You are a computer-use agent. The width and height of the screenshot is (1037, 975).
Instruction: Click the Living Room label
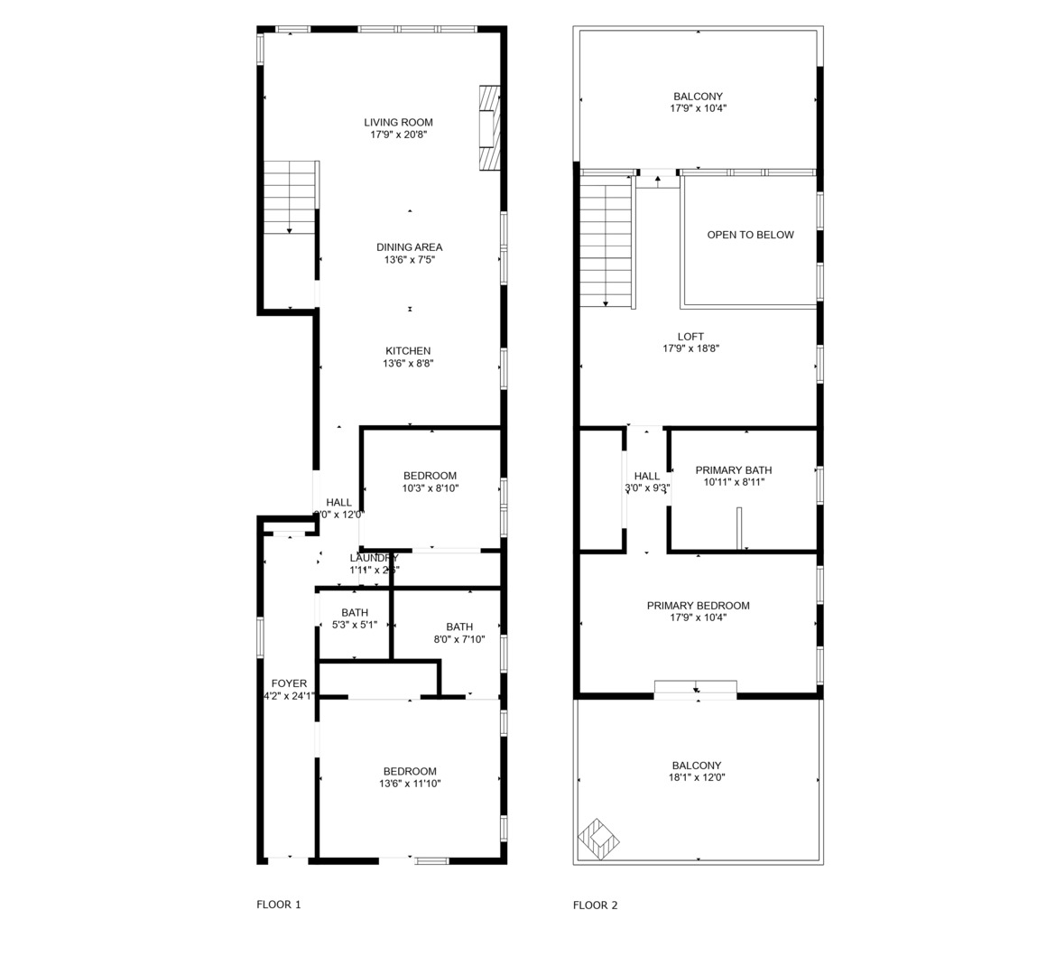pos(398,123)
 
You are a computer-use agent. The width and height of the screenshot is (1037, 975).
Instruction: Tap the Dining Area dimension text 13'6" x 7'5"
pos(409,260)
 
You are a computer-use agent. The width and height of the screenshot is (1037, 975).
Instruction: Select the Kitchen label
pos(408,351)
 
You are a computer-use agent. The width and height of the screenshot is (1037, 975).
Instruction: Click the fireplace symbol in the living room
pos(488,127)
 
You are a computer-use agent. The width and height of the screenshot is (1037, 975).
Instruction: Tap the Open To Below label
pos(750,235)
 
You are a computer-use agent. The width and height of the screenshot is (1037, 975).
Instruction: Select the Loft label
pos(690,337)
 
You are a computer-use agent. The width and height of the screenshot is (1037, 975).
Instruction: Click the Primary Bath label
pos(733,470)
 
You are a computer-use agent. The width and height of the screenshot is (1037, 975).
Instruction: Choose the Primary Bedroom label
pos(698,606)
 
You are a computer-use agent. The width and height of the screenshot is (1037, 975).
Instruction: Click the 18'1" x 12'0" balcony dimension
pos(697,777)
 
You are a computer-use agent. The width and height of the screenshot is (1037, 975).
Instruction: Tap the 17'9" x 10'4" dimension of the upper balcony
pos(698,108)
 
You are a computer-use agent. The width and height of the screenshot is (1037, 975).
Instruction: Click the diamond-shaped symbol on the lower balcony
pos(598,840)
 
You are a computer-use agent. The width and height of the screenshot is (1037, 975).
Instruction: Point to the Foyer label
pos(289,683)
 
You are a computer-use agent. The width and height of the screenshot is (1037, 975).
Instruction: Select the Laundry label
pos(374,558)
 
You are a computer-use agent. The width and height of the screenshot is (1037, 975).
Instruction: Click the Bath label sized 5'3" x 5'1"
pos(355,613)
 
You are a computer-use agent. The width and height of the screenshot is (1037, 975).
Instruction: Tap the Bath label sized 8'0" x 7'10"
pos(459,627)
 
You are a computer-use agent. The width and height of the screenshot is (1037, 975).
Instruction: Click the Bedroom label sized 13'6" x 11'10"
pos(410,772)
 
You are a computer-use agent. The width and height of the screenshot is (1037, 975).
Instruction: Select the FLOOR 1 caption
pos(279,905)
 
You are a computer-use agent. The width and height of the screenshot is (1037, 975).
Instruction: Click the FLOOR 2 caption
pos(595,905)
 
